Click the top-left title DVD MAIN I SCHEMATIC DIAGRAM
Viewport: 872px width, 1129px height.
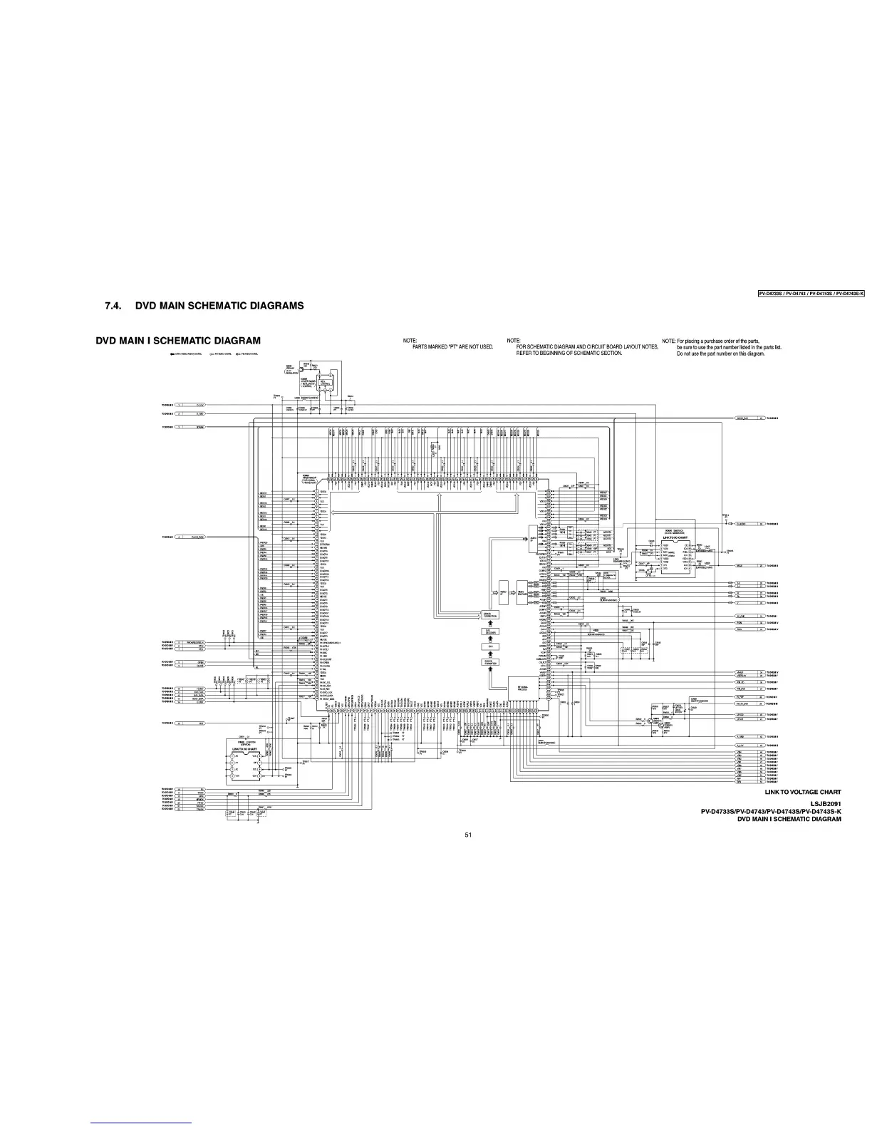pos(178,340)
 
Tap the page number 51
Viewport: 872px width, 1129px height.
pos(467,835)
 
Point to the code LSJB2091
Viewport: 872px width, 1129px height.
pos(826,803)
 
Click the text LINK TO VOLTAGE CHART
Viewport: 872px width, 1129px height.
pos(802,792)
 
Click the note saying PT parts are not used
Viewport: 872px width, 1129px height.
pos(452,347)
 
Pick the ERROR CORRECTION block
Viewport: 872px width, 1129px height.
pos(491,614)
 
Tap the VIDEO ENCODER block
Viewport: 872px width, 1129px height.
pos(522,593)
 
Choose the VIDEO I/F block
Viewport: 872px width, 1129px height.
pos(503,593)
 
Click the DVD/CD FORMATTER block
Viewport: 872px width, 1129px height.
pos(491,662)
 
